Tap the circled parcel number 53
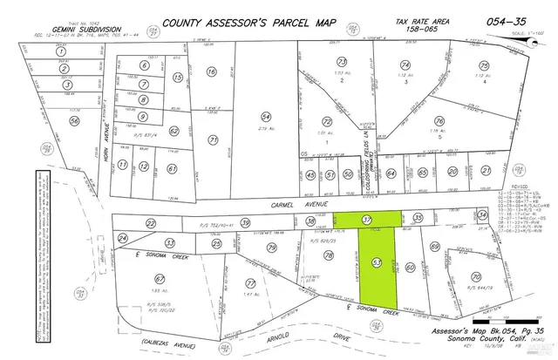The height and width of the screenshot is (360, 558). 377,261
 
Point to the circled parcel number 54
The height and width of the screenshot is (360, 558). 267,117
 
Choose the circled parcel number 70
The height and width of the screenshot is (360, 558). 475,277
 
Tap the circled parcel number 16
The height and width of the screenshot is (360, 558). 210,73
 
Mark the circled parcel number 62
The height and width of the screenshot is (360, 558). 174,131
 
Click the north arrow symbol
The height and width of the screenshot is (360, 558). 532,41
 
